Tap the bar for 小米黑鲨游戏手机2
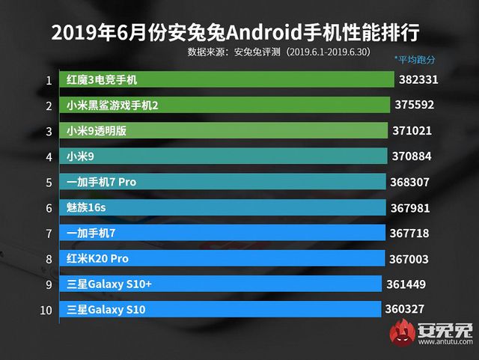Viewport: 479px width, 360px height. [225, 106]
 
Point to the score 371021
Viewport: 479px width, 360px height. [412, 131]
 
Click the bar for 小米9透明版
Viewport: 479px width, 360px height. [225, 131]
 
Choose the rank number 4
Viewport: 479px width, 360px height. [49, 157]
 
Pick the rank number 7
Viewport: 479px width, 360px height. [49, 234]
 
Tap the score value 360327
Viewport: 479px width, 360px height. [406, 310]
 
